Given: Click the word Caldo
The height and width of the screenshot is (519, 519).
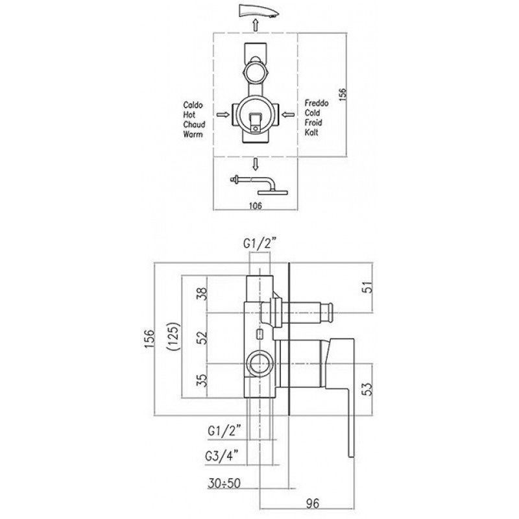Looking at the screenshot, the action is tap(193, 105).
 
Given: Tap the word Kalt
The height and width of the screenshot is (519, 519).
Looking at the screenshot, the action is tap(311, 132).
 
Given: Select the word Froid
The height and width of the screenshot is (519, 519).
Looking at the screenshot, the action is tap(313, 123).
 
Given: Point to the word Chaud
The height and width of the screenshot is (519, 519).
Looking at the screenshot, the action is tap(194, 125).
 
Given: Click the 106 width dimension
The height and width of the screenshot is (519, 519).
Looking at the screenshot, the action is tap(255, 206).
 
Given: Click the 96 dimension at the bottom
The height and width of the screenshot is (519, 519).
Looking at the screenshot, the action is tap(312, 504).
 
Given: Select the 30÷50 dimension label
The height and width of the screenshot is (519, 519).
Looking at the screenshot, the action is tap(224, 483).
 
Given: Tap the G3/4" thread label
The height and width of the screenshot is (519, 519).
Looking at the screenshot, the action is tap(221, 457).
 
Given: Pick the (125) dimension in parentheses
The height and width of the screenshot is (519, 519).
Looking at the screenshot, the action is tap(173, 337).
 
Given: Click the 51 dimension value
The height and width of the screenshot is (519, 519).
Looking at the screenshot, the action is tap(368, 287).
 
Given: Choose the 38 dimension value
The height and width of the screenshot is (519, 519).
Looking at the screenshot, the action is tap(202, 294).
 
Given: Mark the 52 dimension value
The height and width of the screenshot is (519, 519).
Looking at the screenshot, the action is tap(202, 337).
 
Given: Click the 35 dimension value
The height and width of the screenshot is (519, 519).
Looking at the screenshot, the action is tap(202, 380).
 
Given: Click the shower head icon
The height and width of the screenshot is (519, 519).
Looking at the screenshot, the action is tap(259, 185).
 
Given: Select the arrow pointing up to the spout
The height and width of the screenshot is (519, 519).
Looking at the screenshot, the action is tap(255, 25).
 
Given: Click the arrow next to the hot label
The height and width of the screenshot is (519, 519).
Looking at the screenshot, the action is tap(223, 115).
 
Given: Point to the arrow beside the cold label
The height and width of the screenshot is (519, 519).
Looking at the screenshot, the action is tap(289, 115).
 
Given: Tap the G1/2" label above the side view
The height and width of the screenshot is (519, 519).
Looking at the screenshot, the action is tap(260, 244).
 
